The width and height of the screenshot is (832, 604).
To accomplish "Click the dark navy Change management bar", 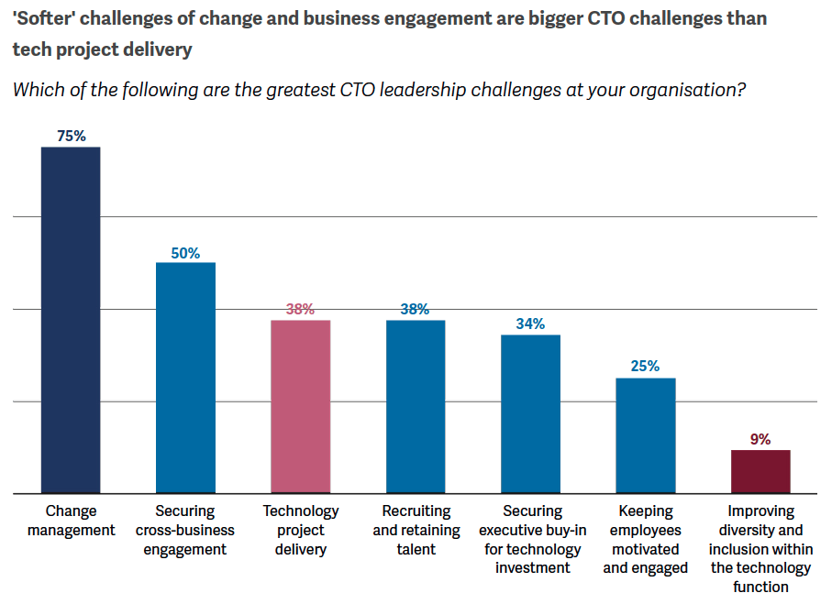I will tap(71, 320).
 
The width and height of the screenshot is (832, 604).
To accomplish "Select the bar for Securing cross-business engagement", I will tap(185, 378).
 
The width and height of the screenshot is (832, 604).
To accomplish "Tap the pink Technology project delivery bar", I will tap(300, 406).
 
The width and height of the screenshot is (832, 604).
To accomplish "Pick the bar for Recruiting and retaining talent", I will tap(416, 406).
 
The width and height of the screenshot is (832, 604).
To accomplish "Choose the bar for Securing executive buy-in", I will tap(530, 413).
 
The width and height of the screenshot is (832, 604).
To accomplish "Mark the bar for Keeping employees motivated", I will tap(645, 435).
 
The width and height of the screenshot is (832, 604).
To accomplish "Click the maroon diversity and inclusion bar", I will tap(760, 471).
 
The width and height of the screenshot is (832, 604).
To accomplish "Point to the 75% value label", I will tap(71, 136).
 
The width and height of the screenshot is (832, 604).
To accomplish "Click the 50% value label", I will tap(185, 253).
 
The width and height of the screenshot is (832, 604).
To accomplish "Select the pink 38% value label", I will tap(300, 309).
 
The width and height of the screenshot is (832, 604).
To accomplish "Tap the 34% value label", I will tap(530, 324).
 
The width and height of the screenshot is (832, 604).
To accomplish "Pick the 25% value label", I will tap(645, 367).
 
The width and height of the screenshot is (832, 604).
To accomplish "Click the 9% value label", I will tap(760, 439).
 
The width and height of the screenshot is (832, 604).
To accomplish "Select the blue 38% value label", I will tap(415, 309).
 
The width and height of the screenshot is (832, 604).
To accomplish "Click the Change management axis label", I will tap(71, 521).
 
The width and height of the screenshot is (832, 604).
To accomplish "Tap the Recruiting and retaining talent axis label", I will tap(416, 530).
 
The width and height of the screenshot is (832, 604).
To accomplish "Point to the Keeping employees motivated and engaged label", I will tap(645, 539).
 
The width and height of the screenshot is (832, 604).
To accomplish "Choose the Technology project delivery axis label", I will tap(301, 530).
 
